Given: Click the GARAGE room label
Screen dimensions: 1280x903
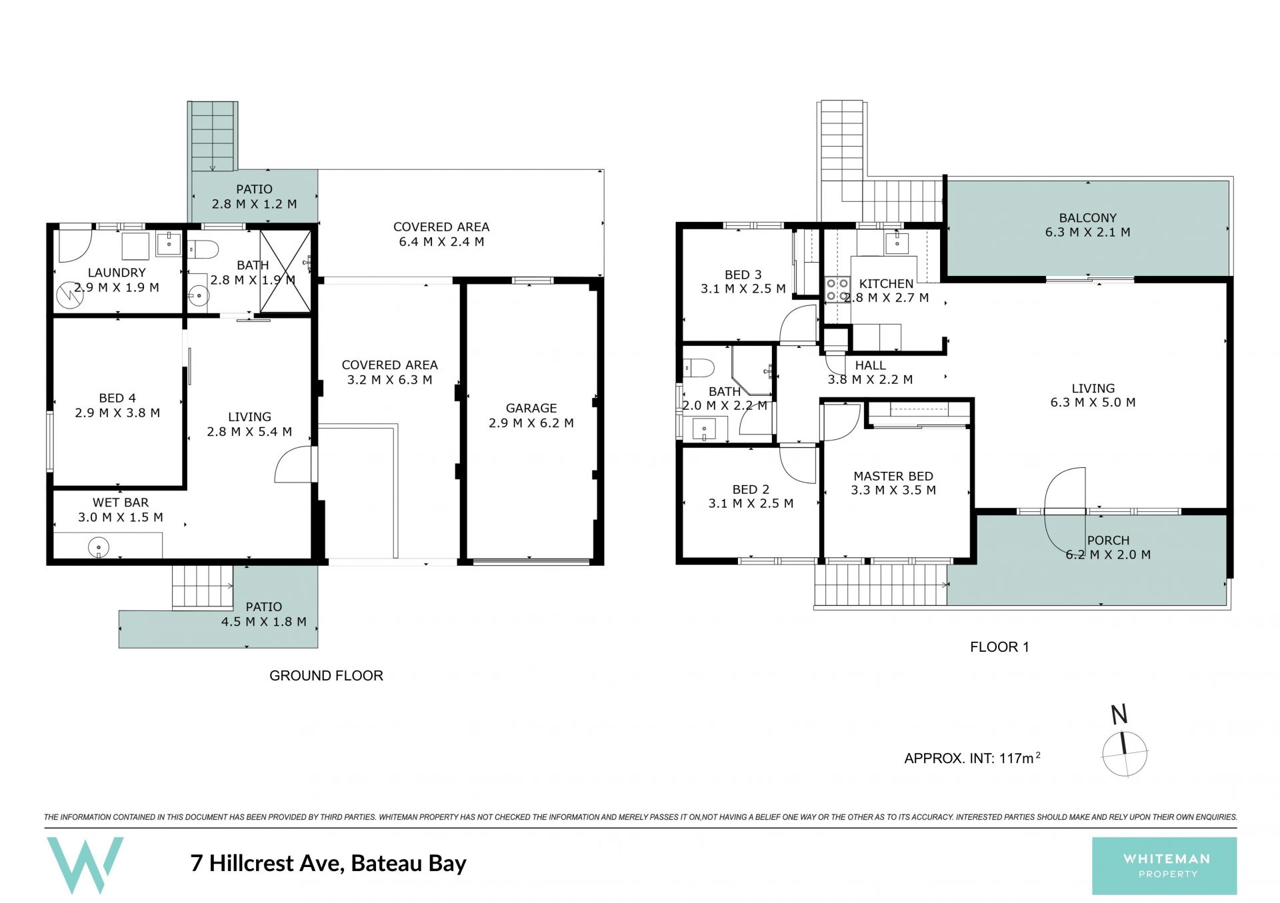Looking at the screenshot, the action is [x=531, y=408].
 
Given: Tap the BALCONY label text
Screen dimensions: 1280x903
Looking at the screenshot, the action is [x=1087, y=218].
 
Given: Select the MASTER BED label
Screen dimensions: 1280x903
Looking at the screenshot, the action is [x=893, y=476].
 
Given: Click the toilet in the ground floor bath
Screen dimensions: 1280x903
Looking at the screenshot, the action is [x=203, y=250].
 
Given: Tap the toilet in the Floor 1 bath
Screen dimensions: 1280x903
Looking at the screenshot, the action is [x=698, y=368].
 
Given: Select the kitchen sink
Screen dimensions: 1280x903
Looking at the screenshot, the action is [x=897, y=243].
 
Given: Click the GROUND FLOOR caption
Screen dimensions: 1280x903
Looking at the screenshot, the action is [x=326, y=676].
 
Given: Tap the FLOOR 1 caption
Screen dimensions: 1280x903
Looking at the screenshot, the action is [x=999, y=646].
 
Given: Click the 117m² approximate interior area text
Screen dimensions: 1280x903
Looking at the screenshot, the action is [x=1020, y=758].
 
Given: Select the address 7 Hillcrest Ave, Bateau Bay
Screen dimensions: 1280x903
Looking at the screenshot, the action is [x=329, y=863].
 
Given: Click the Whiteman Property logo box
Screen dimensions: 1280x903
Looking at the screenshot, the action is [x=1164, y=866].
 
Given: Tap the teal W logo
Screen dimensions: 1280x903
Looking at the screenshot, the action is [x=85, y=865].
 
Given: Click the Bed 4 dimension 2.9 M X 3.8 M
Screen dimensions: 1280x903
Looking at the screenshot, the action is [x=117, y=413].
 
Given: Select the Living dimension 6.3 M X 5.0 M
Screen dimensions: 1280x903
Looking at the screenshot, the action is [x=1093, y=403].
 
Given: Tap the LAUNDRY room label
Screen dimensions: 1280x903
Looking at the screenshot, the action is [x=117, y=273].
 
